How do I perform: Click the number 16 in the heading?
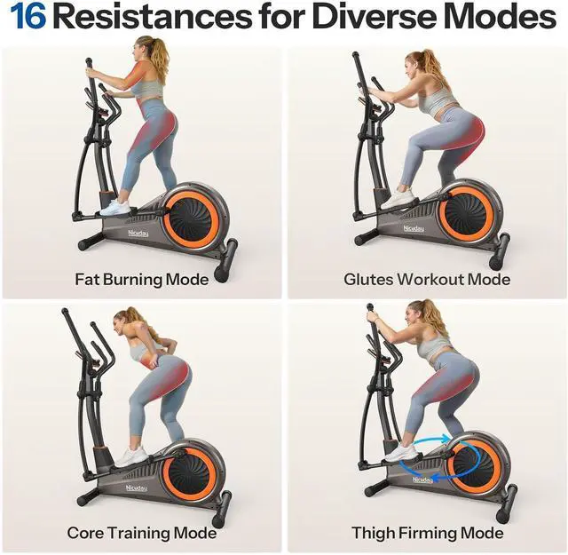point(28,17)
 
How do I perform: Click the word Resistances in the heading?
point(154,17)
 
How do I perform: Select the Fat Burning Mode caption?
point(142,280)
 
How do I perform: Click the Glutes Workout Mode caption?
point(427,280)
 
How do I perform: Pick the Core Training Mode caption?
point(142,533)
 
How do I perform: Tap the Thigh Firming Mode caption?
point(428,533)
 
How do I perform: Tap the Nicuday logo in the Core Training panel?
point(136,488)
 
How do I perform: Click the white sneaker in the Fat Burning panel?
point(114,209)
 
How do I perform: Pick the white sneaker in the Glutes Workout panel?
point(399,200)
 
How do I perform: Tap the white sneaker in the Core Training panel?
point(132,456)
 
